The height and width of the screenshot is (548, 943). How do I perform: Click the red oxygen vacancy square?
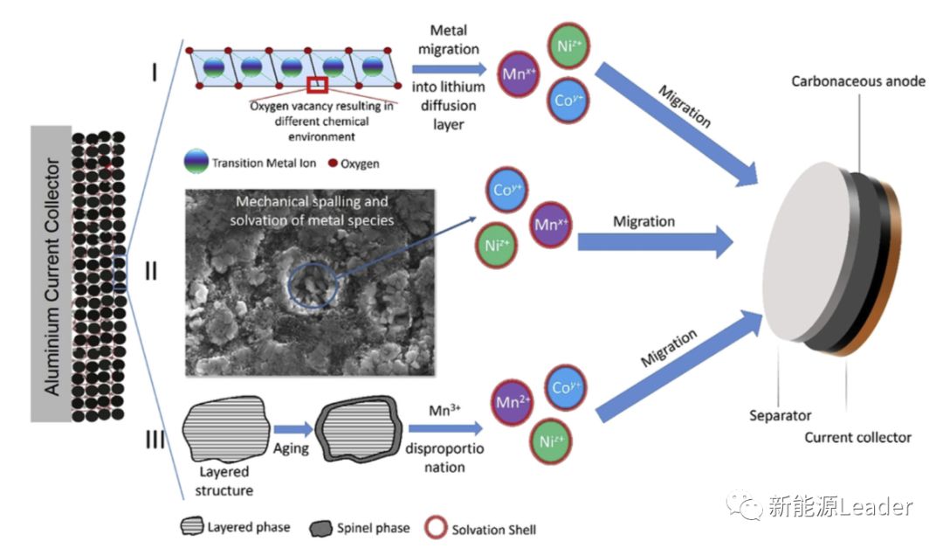pos(317,86)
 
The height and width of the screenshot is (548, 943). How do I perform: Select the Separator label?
pos(780,415)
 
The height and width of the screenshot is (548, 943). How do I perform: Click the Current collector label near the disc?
pos(857,437)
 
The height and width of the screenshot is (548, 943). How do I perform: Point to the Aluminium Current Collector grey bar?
pos(52,274)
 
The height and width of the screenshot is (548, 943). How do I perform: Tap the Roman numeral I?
pos(154,71)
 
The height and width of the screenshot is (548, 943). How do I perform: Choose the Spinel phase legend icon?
pos(320,528)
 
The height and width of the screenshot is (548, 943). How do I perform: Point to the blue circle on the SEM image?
pos(311,281)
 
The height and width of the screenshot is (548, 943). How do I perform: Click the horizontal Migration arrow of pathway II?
pos(655,241)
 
